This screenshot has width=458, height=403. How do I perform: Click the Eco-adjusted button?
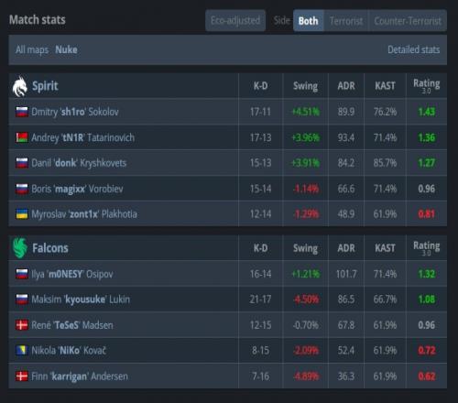click(235, 20)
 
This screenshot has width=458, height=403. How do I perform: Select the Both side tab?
click(309, 21)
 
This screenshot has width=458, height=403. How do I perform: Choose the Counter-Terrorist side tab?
click(408, 21)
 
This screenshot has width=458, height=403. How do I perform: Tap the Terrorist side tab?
click(346, 21)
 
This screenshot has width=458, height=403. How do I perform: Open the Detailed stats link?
click(414, 49)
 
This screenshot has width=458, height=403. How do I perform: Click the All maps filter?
click(32, 49)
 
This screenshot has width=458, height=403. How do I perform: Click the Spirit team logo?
click(20, 86)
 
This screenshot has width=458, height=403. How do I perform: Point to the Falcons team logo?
click(20, 248)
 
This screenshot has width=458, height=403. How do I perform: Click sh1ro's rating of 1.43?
click(427, 112)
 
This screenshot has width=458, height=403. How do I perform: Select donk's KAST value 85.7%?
click(385, 163)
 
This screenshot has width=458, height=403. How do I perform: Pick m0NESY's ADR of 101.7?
click(346, 274)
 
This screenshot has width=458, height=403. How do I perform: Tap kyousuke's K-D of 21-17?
click(260, 300)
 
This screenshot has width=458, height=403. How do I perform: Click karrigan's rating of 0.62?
click(427, 376)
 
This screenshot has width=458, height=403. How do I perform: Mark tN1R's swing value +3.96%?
click(306, 137)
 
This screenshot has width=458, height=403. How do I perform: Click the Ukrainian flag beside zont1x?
click(22, 214)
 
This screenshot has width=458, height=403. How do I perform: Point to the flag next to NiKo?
click(22, 351)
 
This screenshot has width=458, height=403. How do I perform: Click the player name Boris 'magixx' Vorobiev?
click(77, 189)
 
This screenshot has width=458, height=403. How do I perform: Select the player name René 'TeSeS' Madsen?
click(72, 325)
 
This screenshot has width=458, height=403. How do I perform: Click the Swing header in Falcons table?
click(305, 248)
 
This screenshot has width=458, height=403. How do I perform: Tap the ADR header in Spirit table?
click(346, 86)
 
